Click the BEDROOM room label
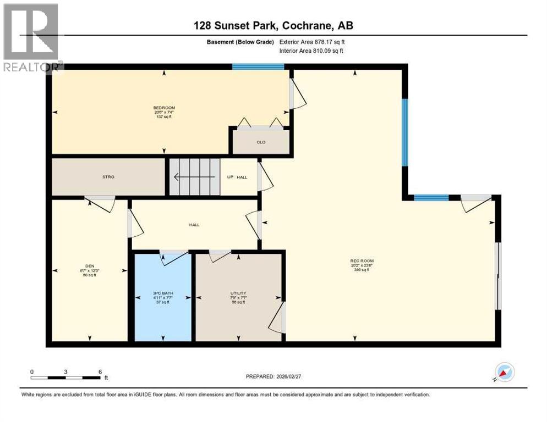point(164,108)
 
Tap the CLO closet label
point(261,142)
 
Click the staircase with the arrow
point(194,177)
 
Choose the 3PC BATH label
point(163,293)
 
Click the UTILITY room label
point(238,293)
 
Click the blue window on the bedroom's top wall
point(258,67)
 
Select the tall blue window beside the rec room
point(404,132)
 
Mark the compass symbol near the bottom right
point(504,373)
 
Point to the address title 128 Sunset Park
point(273,26)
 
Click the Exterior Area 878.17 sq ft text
point(312,42)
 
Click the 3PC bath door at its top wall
point(174,257)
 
